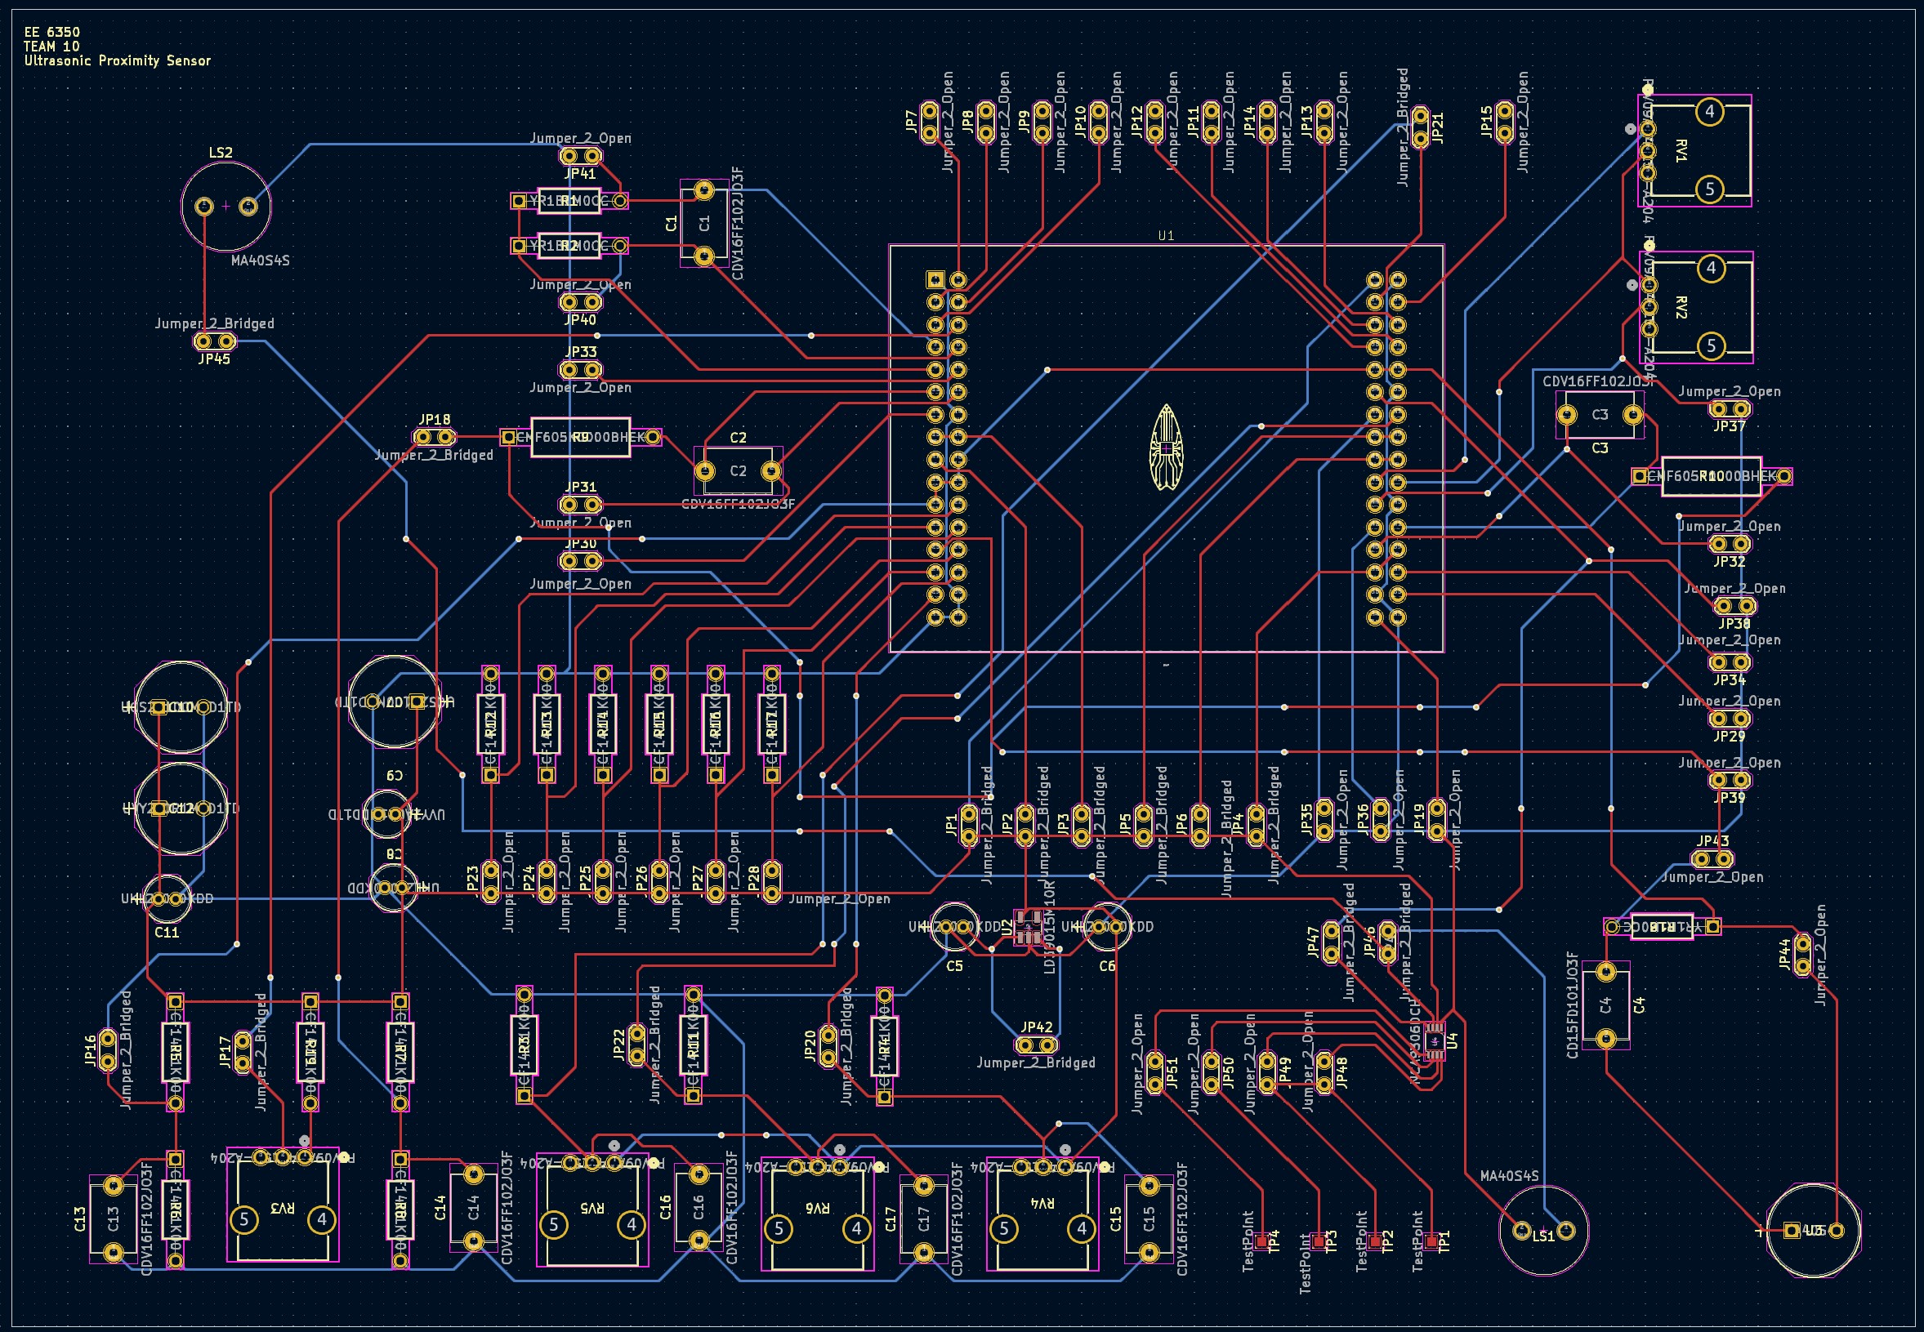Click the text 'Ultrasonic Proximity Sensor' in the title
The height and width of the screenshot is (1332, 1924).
[x=117, y=61]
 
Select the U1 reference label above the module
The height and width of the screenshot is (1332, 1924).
[x=1165, y=236]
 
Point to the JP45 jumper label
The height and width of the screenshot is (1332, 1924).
[x=214, y=359]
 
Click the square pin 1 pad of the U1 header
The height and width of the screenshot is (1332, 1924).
[x=935, y=279]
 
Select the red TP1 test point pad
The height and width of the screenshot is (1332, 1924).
[x=1431, y=1242]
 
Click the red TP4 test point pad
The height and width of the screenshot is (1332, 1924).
[x=1261, y=1242]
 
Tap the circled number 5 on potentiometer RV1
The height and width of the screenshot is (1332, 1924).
[x=1709, y=189]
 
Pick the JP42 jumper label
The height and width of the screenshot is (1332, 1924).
[x=1036, y=1027]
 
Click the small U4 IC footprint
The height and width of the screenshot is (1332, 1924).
[x=1434, y=1040]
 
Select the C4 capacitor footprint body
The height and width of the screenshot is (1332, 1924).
[x=1605, y=1005]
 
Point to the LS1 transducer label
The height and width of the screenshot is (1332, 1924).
[x=1543, y=1236]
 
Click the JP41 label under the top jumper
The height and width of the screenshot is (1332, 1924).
[x=580, y=174]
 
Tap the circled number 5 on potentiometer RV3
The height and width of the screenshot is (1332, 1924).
[x=243, y=1219]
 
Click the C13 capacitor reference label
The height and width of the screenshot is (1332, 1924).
[x=80, y=1219]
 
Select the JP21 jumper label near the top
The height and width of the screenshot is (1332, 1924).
[x=1437, y=127]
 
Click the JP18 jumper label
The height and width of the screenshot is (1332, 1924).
[x=434, y=420]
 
